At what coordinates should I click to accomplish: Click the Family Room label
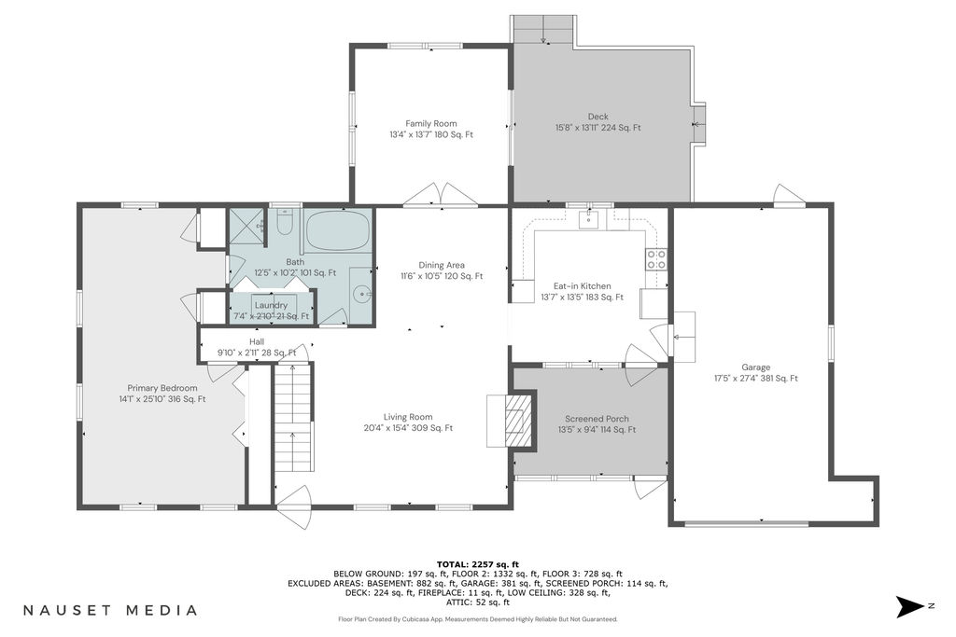[431, 124]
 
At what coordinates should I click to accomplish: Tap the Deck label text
[598, 117]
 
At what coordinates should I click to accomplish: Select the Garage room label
[756, 367]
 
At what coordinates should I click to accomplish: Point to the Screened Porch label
[597, 419]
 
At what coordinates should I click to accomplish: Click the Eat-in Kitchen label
[583, 286]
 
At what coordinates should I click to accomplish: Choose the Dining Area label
[442, 265]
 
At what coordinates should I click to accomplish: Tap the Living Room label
[408, 417]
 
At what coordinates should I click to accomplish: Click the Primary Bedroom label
[162, 388]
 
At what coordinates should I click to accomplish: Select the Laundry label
[272, 305]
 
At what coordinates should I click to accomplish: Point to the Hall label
[257, 341]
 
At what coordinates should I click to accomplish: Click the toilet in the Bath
[285, 222]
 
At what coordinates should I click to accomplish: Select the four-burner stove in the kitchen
[656, 259]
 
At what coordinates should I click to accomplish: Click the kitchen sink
[589, 220]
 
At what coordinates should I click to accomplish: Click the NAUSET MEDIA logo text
[110, 610]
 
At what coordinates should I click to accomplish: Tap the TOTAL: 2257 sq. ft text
[478, 564]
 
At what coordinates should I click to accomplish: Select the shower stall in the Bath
[246, 227]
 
